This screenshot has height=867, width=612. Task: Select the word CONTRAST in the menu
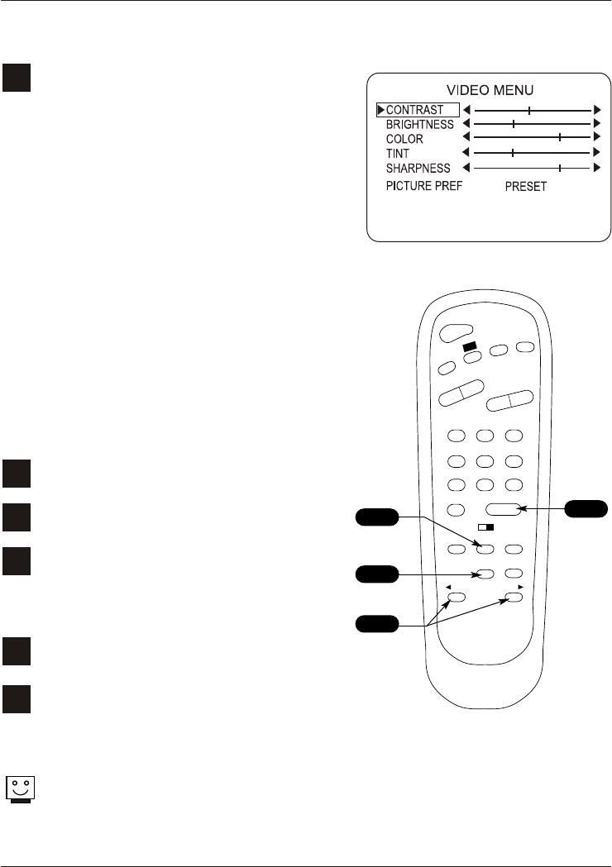pyautogui.click(x=415, y=110)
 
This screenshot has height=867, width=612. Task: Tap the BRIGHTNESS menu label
pyautogui.click(x=420, y=125)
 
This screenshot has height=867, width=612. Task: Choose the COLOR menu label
pyautogui.click(x=404, y=140)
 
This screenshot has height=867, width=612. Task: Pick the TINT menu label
pyautogui.click(x=398, y=154)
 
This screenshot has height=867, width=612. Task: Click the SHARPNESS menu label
pyautogui.click(x=418, y=169)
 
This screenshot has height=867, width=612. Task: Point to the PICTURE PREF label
pyautogui.click(x=424, y=186)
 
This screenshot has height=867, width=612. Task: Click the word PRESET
pyautogui.click(x=526, y=187)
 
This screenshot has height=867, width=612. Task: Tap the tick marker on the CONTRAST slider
pyautogui.click(x=529, y=110)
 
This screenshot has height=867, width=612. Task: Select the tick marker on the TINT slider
pyautogui.click(x=513, y=154)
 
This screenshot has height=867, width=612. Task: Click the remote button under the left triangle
pyautogui.click(x=457, y=596)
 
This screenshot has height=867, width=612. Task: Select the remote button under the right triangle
pyautogui.click(x=514, y=596)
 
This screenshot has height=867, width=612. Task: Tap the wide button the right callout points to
pyautogui.click(x=504, y=511)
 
